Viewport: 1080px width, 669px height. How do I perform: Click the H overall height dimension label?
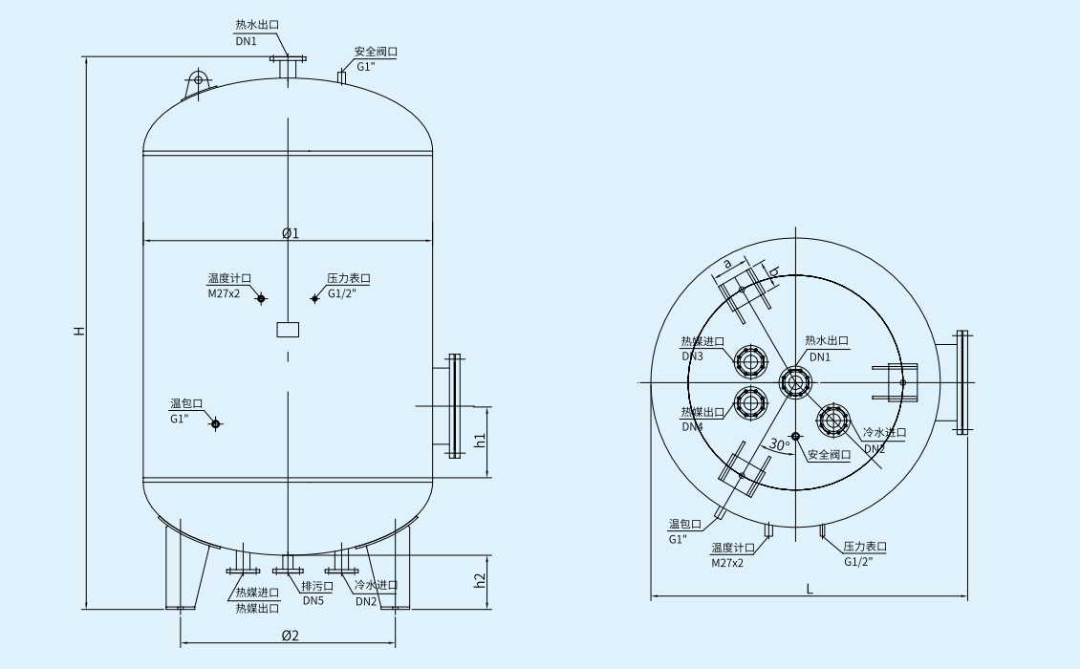(x=80, y=331)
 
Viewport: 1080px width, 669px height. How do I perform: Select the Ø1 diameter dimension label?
(x=290, y=233)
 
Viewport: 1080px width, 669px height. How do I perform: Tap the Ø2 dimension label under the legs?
(x=290, y=636)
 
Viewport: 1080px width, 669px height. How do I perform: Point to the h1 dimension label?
(x=481, y=440)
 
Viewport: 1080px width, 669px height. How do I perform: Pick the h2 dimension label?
(x=481, y=580)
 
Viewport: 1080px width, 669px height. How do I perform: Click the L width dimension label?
(x=809, y=590)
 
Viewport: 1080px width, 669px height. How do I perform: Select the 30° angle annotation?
(x=780, y=445)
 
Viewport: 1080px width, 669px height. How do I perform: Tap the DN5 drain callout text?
(x=313, y=601)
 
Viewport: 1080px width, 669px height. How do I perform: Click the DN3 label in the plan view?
(x=693, y=356)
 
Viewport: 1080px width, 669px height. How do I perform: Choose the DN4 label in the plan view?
(x=693, y=426)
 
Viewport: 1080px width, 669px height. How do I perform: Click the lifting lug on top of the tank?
(x=198, y=81)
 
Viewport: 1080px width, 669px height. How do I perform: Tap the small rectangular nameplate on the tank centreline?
(x=288, y=330)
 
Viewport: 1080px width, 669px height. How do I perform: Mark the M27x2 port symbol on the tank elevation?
(x=261, y=298)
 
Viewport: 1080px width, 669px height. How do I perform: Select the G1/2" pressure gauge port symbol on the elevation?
(x=314, y=299)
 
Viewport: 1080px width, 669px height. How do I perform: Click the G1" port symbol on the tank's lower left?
(x=215, y=423)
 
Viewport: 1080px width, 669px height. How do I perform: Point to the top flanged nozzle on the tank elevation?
(x=288, y=66)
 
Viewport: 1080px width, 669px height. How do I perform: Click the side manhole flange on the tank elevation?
(x=453, y=405)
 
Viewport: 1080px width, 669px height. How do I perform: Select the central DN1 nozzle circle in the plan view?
(x=794, y=383)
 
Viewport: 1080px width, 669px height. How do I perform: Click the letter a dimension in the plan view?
(x=727, y=263)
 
